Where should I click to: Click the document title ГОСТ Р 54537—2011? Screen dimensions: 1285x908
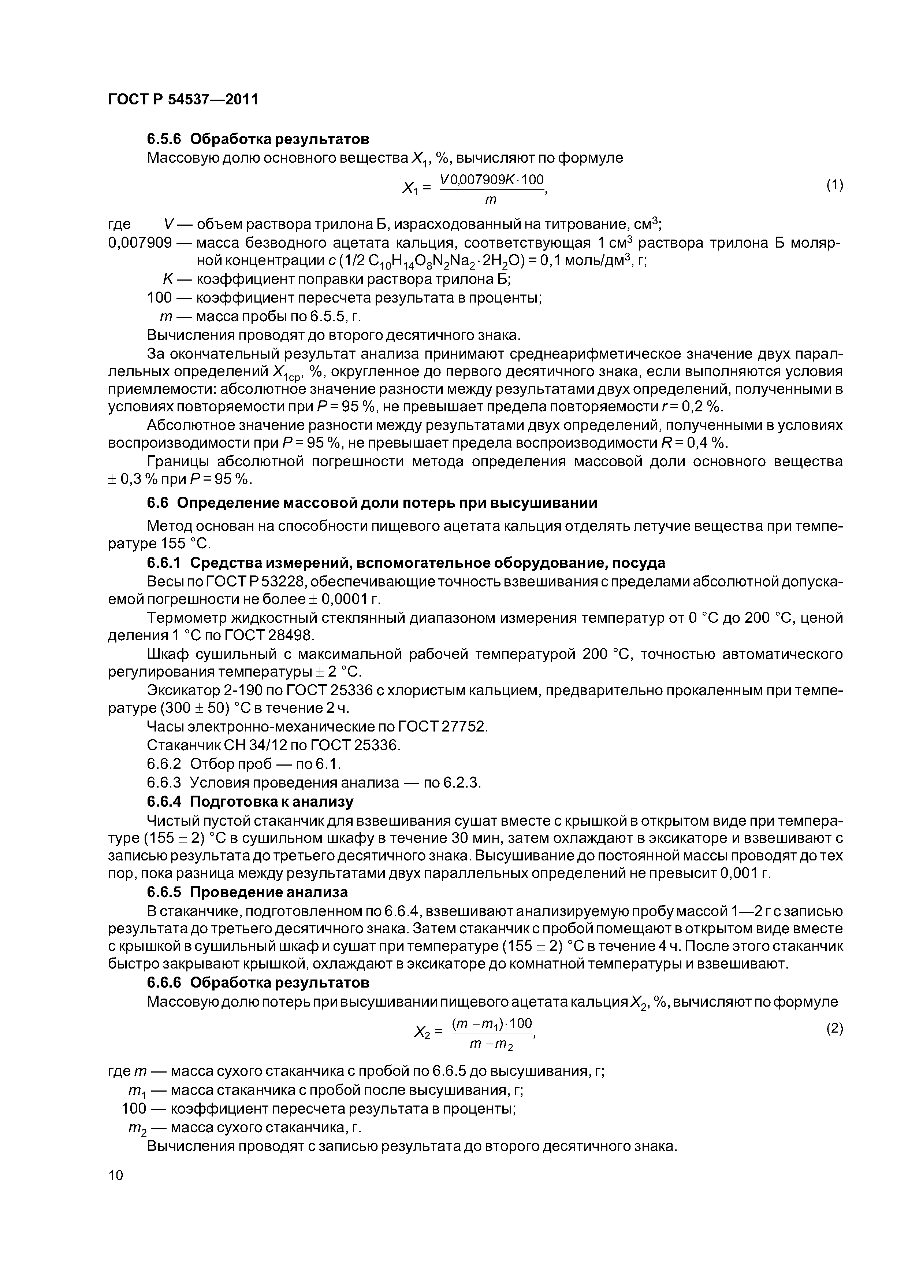pos(183,100)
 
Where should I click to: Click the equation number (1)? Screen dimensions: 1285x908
pos(834,185)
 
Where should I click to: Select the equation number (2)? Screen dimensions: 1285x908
pos(834,1029)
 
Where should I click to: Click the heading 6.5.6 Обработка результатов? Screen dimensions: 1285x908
pos(258,138)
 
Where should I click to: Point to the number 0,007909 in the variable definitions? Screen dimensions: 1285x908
pos(139,243)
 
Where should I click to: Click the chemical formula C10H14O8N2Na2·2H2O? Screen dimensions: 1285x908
pos(436,262)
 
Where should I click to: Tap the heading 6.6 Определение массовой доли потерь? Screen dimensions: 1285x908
pos(372,503)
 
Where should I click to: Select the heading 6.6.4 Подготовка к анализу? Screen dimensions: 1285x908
pos(250,801)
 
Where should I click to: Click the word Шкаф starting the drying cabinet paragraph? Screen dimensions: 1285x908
pos(167,654)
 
